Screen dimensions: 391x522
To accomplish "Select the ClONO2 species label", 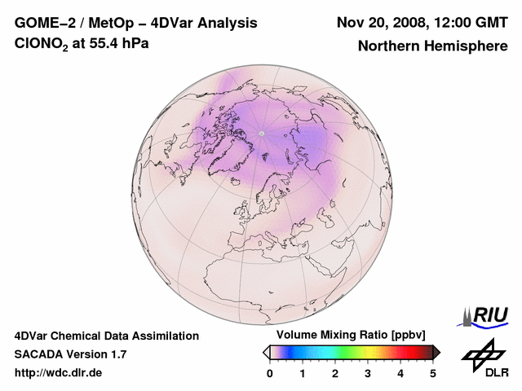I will pos(48,45).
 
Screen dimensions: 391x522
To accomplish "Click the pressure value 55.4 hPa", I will pos(122,44).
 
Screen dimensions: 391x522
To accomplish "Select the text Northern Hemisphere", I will pos(432,46).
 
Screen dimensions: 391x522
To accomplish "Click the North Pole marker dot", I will pos(261,134).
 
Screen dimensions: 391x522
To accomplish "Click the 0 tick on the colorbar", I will pos(270,373).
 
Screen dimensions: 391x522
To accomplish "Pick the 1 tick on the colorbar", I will pos(303,373).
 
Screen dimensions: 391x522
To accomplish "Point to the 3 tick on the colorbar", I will pos(368,373).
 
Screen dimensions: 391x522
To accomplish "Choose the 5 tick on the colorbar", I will pos(433,373).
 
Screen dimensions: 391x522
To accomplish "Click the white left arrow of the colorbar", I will pos(266,352).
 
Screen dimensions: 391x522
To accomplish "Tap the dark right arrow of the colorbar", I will pos(437,352).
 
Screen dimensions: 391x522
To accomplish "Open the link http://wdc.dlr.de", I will pos(59,373).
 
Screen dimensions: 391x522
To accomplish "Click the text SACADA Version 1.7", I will pos(70,354).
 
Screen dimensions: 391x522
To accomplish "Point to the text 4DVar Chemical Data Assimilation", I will pos(106,336).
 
